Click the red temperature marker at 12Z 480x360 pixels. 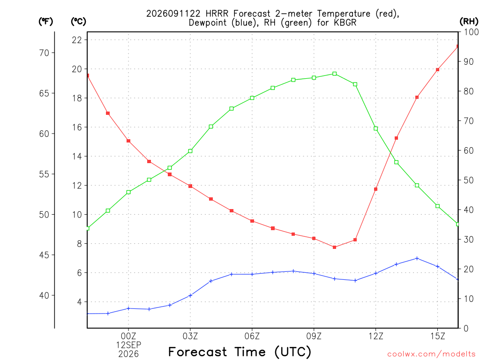(375, 189)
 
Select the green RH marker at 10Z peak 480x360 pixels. (335, 74)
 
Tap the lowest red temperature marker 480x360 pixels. (335, 247)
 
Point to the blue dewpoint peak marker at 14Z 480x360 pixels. (417, 258)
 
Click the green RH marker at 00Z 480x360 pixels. (128, 192)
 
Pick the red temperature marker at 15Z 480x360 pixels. (437, 70)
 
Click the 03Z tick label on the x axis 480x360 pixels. (190, 336)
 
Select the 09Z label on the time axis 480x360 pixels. (314, 336)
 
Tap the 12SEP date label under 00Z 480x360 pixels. (128, 345)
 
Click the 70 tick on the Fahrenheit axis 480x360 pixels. (45, 53)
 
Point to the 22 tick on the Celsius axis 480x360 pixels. (77, 40)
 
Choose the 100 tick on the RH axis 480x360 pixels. (472, 32)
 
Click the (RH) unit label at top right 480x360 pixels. (469, 22)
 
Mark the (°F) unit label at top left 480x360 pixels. (45, 22)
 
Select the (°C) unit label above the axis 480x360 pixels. (78, 22)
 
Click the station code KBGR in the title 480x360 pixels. (345, 23)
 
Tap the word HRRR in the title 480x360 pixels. (217, 14)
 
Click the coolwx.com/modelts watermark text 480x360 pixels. (431, 354)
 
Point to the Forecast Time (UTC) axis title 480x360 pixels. (240, 352)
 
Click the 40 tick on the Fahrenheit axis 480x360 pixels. (45, 296)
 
